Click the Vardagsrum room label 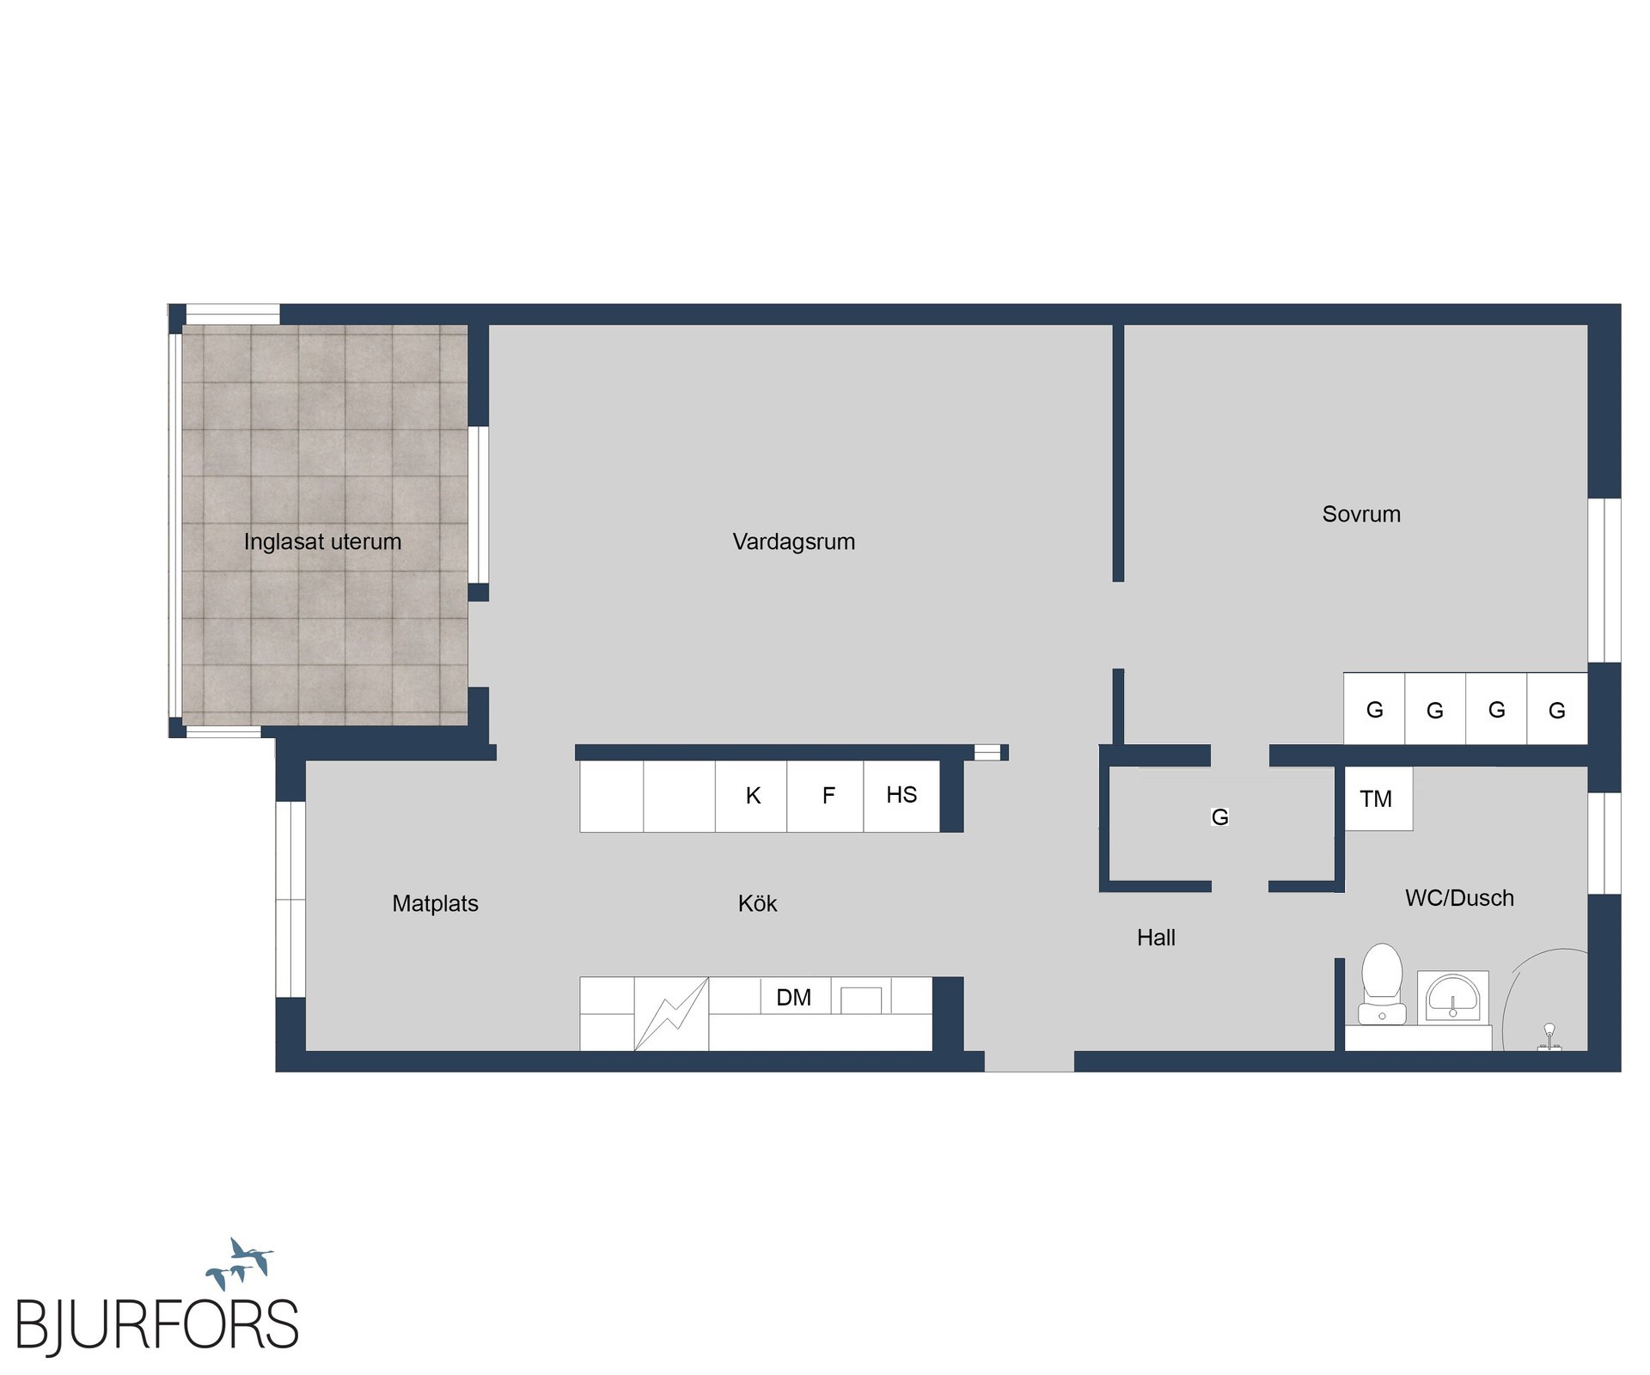point(793,542)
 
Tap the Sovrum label point(1361,514)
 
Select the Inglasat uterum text point(322,541)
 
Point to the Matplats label point(435,903)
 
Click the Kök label point(757,903)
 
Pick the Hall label point(1156,938)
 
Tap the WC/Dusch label point(1459,898)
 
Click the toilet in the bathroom point(1382,984)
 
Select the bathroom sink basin point(1452,997)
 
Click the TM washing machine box point(1378,798)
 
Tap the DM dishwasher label point(793,997)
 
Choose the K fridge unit point(751,796)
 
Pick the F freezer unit point(825,796)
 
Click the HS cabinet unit point(901,796)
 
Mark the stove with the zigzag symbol point(671,1014)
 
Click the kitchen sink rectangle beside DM point(860,1000)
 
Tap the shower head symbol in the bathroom point(1549,1036)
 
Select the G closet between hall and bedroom point(1219,816)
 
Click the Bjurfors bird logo point(240,1262)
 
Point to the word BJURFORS point(157,1325)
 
